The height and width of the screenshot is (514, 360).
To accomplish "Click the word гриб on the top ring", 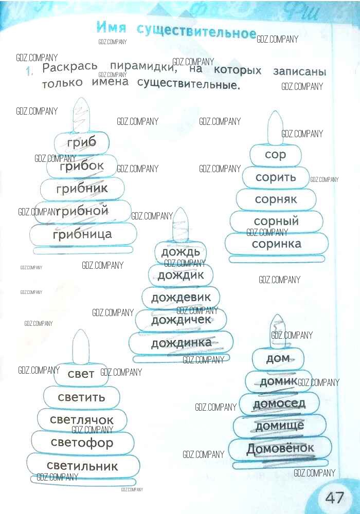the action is pyautogui.click(x=82, y=143).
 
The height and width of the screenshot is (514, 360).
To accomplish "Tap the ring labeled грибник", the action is pyautogui.click(x=82, y=189).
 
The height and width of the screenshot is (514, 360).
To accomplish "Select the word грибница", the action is pyautogui.click(x=82, y=234).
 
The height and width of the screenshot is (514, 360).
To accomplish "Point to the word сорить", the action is pyautogui.click(x=276, y=177).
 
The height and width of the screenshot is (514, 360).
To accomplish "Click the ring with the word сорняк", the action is pyautogui.click(x=276, y=199).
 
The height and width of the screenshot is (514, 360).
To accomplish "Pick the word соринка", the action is pyautogui.click(x=276, y=244).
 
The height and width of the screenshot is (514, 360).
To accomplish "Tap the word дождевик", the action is pyautogui.click(x=181, y=297).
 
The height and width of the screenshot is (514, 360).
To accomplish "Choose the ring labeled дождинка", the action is pyautogui.click(x=181, y=343).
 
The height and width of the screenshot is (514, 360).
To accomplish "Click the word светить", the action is pyautogui.click(x=81, y=397).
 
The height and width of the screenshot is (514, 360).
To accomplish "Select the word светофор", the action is pyautogui.click(x=82, y=443).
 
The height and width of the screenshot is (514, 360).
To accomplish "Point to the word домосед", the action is pyautogui.click(x=279, y=403).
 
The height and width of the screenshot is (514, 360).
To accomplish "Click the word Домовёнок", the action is pyautogui.click(x=280, y=448).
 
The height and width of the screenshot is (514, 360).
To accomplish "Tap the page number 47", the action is pyautogui.click(x=335, y=497).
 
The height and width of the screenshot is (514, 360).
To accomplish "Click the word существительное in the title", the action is pyautogui.click(x=196, y=31).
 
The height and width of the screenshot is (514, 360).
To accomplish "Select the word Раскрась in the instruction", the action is pyautogui.click(x=70, y=67).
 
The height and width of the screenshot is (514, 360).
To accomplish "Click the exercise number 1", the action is pyautogui.click(x=29, y=71).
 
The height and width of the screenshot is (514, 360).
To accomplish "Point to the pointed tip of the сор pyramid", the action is pyautogui.click(x=276, y=111).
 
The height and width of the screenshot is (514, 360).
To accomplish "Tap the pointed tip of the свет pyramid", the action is pyautogui.click(x=80, y=330).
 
